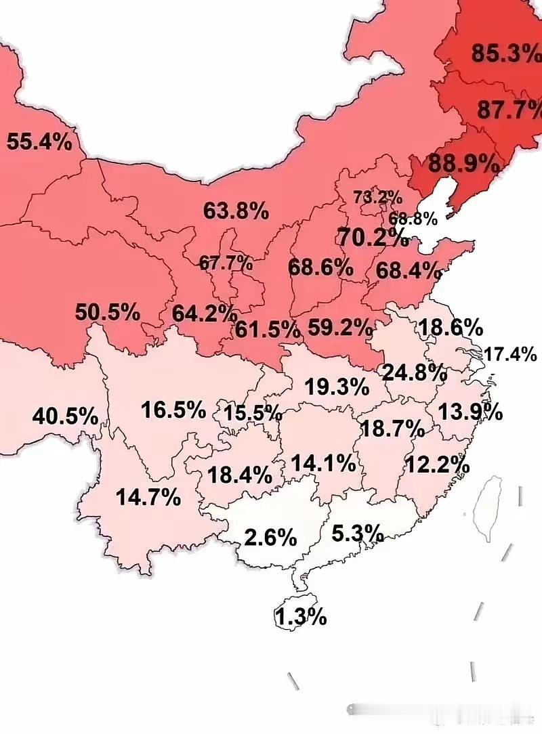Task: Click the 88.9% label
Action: [x=465, y=163]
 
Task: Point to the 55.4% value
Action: [x=39, y=142]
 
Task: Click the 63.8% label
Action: [x=236, y=211]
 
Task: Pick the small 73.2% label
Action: [x=377, y=197]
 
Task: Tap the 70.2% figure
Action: [x=371, y=238]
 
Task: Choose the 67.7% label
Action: [x=226, y=262]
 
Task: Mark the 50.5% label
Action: [x=108, y=313]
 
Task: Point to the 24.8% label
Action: [x=415, y=372]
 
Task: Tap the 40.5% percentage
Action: [x=65, y=416]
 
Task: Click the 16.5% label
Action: [x=173, y=409]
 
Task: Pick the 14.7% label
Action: [x=148, y=498]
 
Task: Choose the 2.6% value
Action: [x=270, y=538]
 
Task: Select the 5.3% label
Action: [x=358, y=534]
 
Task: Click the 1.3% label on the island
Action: [x=301, y=617]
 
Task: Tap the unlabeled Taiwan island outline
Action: [x=488, y=508]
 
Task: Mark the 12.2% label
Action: [x=437, y=465]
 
